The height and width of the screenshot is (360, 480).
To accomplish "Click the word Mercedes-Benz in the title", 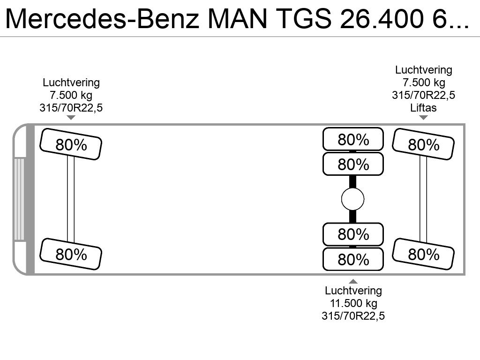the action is point(102,19).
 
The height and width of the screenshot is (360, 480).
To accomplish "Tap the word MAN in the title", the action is point(238,19).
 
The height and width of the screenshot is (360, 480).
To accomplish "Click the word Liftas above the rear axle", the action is point(423,108).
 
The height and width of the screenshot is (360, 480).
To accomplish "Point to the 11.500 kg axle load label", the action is point(353,303).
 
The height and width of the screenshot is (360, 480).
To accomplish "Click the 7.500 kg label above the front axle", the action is point(71,95).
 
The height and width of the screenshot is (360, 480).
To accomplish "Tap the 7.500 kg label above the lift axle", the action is point(424,82).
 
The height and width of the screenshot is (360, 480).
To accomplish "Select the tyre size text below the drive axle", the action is point(353,316).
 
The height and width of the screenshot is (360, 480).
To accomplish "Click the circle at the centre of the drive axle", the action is point(352,199).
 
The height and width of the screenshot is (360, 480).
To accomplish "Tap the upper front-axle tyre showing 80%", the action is point(71,144).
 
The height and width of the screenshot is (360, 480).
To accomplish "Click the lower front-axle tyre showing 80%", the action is point(71,254).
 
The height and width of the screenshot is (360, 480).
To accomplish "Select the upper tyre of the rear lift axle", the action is point(423,144).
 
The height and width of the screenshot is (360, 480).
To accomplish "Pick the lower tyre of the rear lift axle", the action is point(423,254).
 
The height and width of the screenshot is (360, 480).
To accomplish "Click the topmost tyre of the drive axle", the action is point(353,139).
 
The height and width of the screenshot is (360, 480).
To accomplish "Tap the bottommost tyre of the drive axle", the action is point(353,259).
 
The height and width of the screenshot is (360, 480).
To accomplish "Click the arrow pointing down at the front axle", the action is point(71,118).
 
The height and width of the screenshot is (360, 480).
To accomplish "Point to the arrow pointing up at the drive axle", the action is point(353,281).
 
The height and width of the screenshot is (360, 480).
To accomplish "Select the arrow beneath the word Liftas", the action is point(423,118).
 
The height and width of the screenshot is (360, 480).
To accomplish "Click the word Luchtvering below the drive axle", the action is point(353,291).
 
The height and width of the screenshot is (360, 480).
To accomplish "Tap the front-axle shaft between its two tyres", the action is point(71,199).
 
